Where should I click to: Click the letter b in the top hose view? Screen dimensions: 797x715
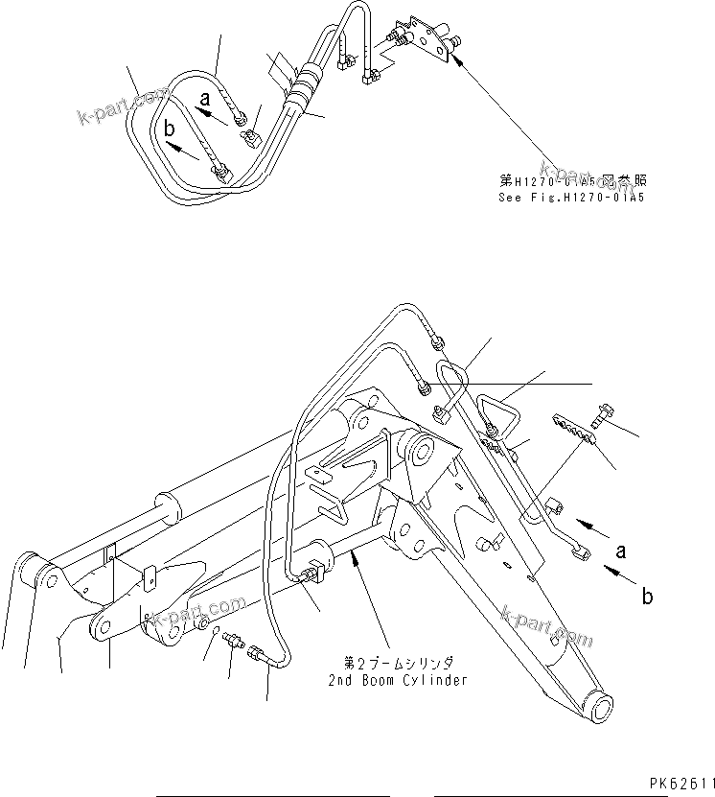point(170,128)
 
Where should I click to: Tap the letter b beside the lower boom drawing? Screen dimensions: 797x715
point(648,597)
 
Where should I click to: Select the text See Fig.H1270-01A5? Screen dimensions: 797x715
point(571,199)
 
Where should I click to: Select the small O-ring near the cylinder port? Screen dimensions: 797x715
point(211,626)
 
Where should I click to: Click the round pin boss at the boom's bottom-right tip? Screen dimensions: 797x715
point(600,713)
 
